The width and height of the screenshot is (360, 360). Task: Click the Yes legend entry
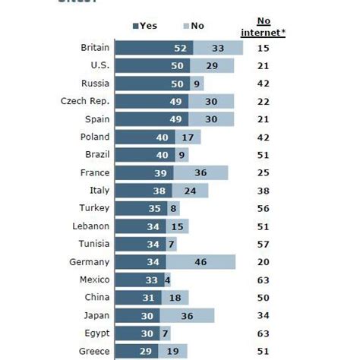144,26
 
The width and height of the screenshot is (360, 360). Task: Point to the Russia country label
95,84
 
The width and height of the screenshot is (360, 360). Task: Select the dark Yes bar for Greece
138,350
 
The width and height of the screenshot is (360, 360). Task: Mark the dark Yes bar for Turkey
144,208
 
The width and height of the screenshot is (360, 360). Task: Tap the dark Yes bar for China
140,297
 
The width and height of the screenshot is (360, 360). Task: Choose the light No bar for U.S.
212,65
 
